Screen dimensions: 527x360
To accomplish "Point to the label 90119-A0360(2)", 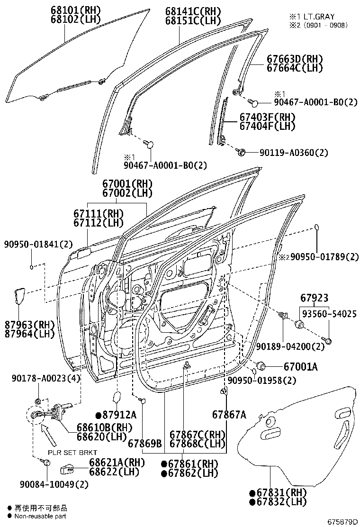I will tap(294, 153).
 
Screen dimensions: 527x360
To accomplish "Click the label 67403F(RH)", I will tap(267, 117).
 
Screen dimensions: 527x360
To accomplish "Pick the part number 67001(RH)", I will tap(126, 183).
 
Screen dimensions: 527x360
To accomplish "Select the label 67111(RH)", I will tap(98, 214).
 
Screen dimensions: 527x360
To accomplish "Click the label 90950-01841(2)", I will tap(38, 245).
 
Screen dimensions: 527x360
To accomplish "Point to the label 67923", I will tap(314, 299).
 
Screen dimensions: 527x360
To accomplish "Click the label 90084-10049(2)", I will tap(54, 484).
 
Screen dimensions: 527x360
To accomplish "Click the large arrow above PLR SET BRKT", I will tap(50, 434).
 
